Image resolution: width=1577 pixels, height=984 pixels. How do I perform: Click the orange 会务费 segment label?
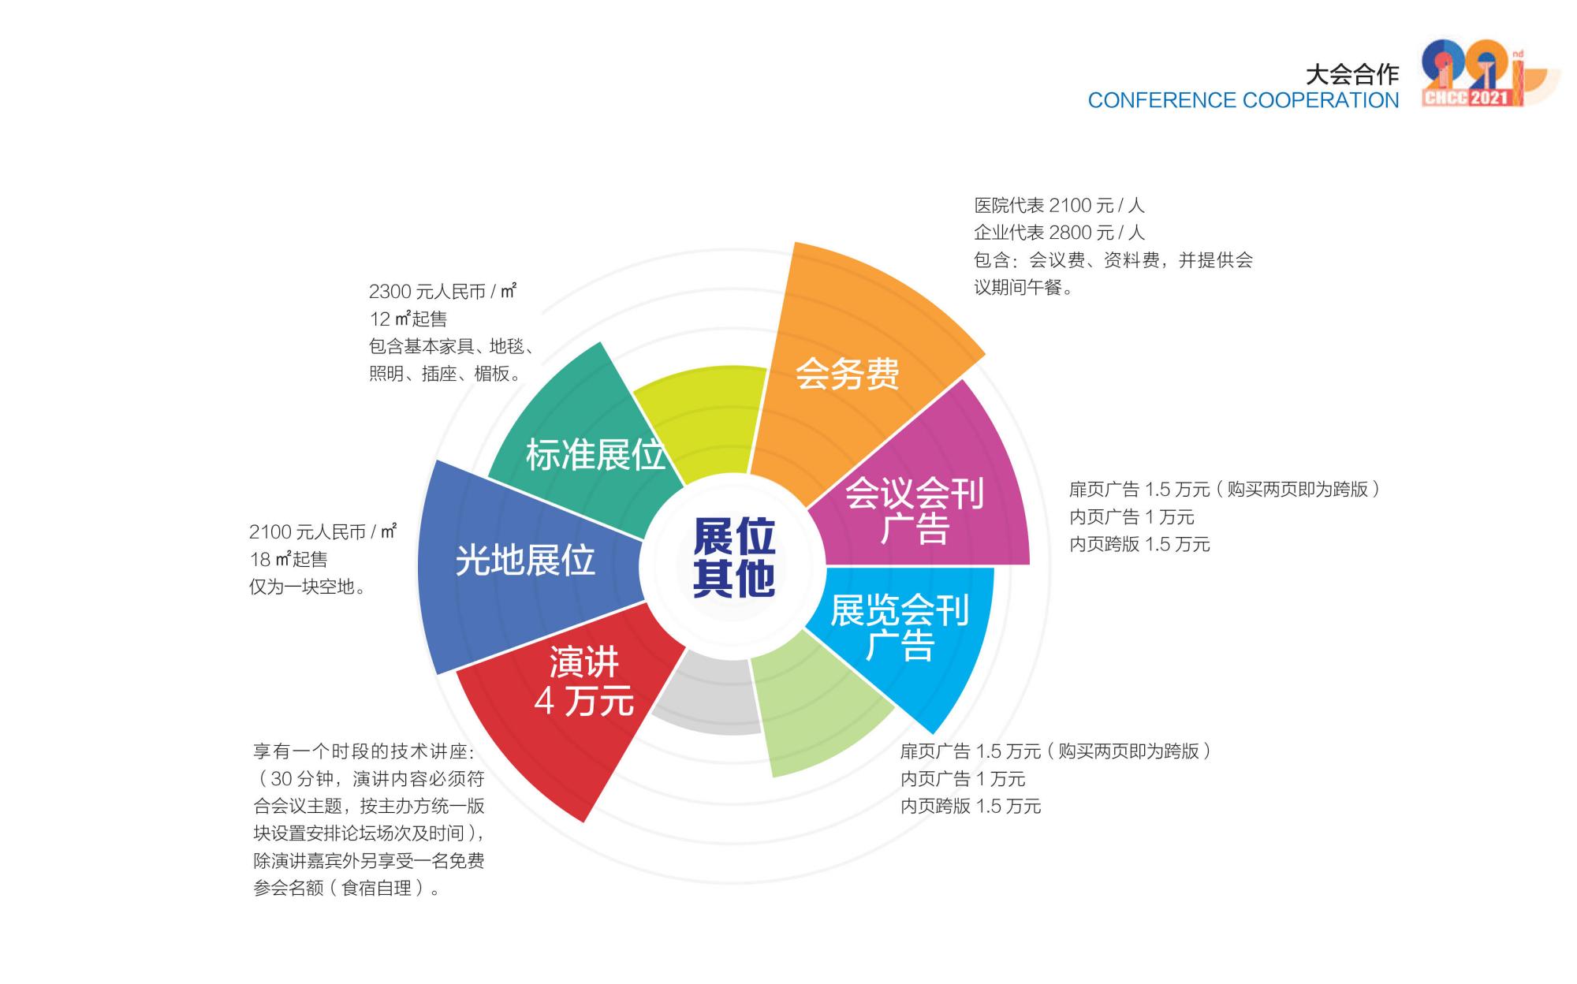click(847, 373)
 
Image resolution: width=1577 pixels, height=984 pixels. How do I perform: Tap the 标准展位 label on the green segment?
click(595, 455)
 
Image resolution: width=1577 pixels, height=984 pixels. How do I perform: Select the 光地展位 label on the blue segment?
click(525, 560)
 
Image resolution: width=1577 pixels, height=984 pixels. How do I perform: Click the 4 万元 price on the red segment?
click(583, 700)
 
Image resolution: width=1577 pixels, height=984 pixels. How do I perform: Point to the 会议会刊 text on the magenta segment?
click(914, 494)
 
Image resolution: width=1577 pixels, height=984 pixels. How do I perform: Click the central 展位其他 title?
click(734, 557)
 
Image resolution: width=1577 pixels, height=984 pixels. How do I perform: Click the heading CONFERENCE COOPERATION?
click(1243, 101)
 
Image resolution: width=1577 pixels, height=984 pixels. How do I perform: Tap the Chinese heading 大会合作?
click(1352, 75)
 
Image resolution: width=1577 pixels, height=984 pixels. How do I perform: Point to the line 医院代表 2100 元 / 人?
click(1059, 206)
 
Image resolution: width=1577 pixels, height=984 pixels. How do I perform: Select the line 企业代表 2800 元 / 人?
click(1059, 233)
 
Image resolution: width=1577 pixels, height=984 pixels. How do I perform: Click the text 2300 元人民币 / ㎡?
click(442, 292)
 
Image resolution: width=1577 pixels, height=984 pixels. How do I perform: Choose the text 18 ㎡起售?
click(289, 560)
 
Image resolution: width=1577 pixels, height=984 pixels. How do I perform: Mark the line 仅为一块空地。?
click(308, 587)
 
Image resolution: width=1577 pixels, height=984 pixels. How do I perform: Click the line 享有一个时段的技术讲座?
click(363, 751)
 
